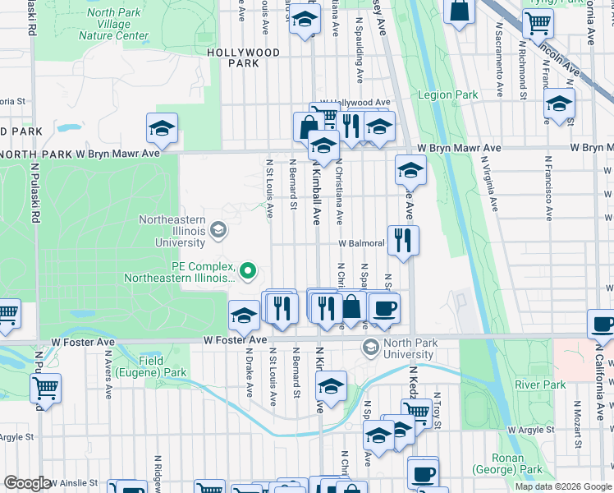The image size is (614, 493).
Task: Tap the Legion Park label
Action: (447, 94)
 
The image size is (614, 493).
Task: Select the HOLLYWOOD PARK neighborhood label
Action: (243, 58)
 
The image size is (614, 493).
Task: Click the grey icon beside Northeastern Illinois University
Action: (218, 228)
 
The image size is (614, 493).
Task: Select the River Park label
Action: (539, 385)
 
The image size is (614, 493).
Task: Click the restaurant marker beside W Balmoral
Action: (402, 240)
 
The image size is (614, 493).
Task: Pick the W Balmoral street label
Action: (359, 244)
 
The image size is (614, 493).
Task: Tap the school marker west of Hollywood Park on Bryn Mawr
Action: (163, 128)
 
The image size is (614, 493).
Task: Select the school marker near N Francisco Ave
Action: (559, 104)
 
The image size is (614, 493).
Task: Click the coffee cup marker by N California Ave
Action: (603, 325)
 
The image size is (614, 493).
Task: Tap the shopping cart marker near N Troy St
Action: (416, 412)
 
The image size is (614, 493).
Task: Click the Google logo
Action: (27, 483)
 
